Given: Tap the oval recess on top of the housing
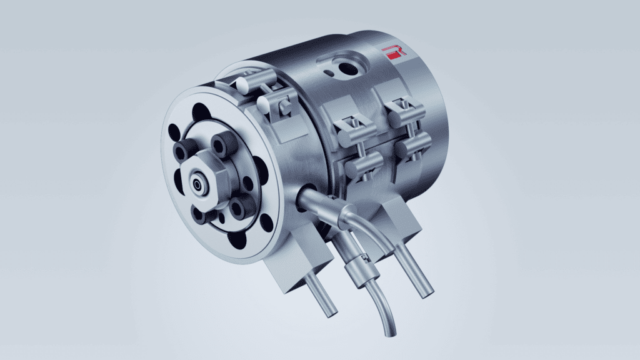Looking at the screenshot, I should point(342,64).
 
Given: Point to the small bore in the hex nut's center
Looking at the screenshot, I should point(197,185).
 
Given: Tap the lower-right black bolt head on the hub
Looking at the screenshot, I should point(239,207).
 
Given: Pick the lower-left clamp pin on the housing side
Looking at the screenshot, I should point(363,166).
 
